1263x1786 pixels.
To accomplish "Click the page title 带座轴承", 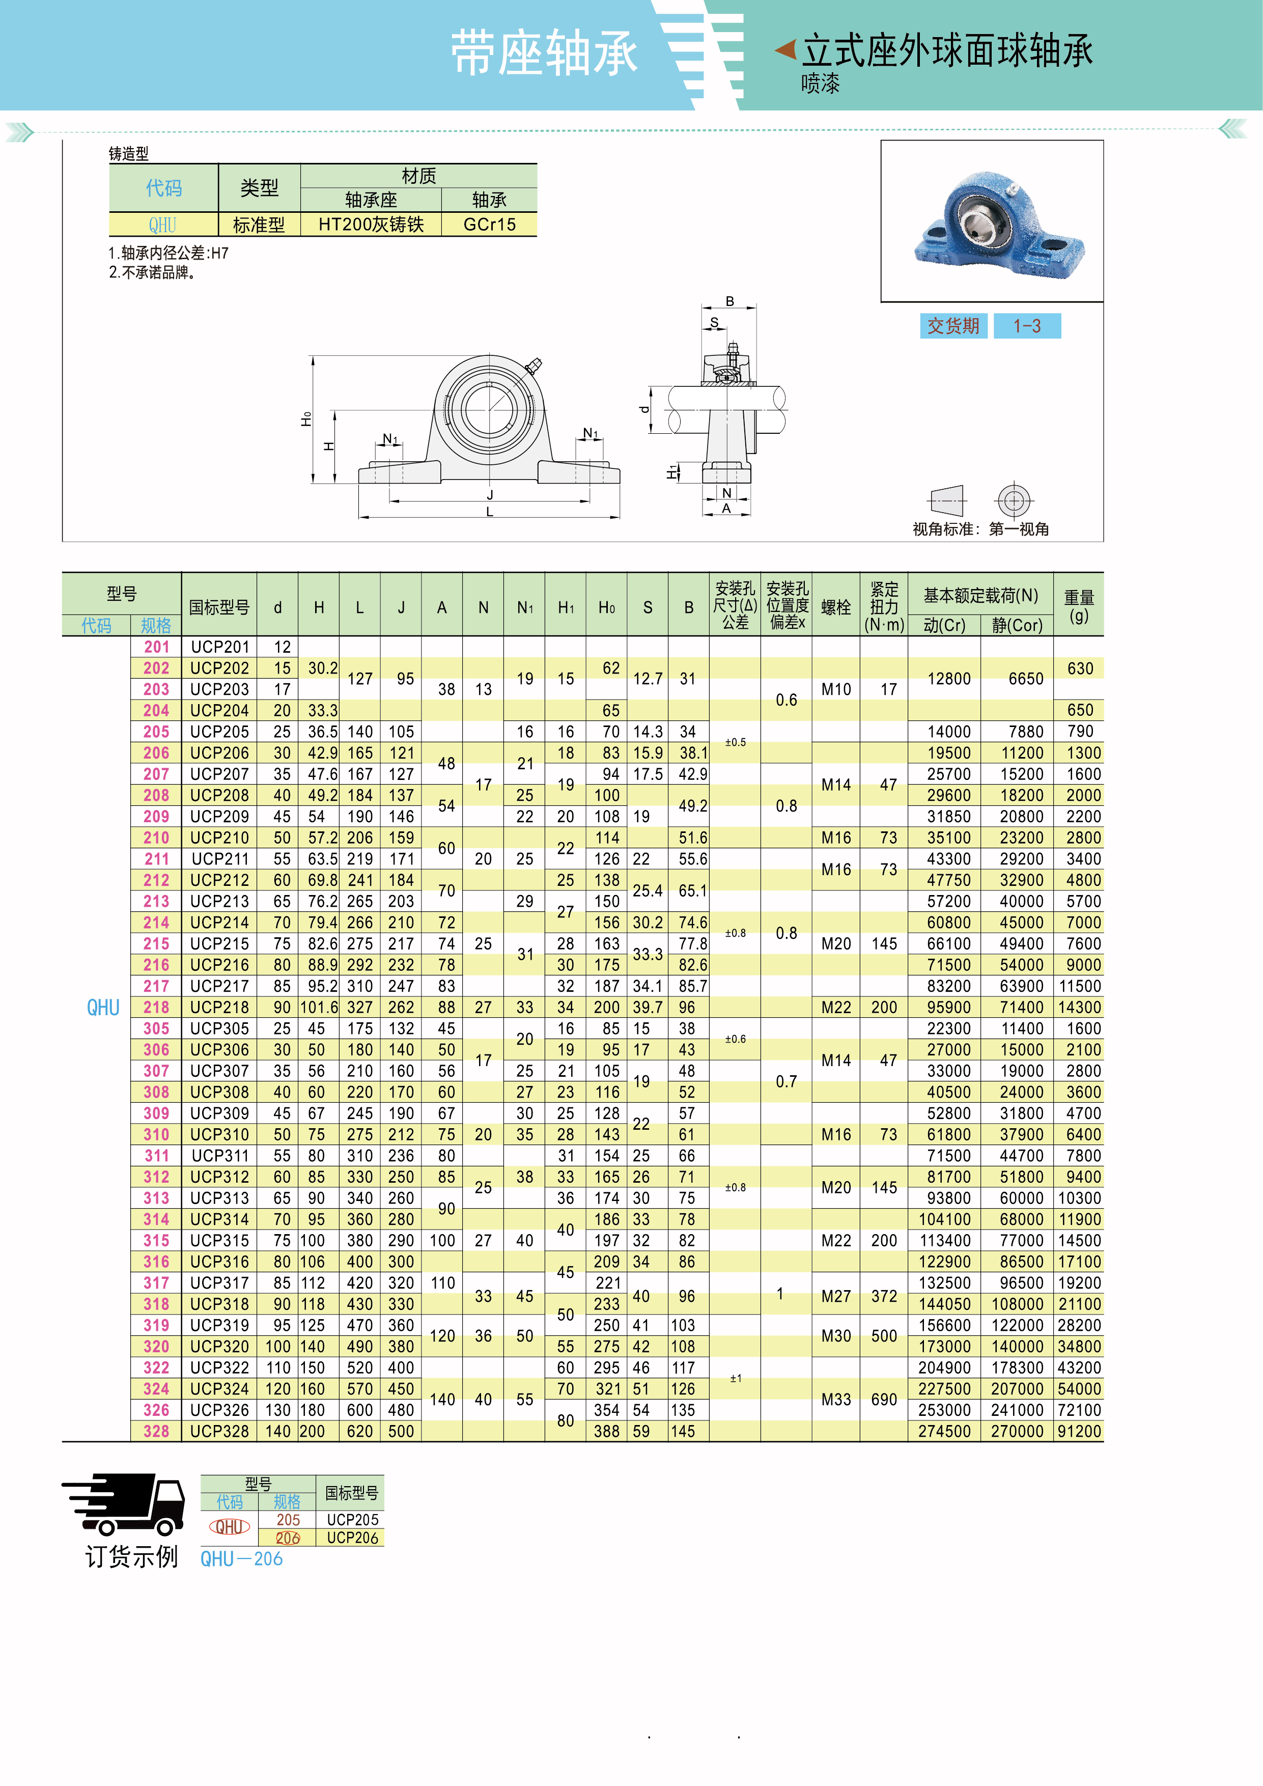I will [x=544, y=53].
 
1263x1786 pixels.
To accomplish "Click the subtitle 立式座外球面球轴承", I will [x=947, y=51].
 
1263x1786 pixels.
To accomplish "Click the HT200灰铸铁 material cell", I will [x=371, y=225].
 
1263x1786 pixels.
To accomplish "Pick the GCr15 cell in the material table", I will [x=489, y=225].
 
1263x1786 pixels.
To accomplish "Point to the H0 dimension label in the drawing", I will [x=306, y=420].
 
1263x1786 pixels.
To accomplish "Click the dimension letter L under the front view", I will [x=489, y=512].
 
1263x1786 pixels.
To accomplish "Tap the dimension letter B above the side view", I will [x=729, y=301].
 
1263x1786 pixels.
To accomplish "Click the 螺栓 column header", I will [x=836, y=607].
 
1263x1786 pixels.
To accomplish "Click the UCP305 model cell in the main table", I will [x=220, y=1028].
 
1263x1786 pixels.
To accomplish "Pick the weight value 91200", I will [x=1079, y=1431].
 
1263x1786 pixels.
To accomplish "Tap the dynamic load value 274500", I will [x=944, y=1431].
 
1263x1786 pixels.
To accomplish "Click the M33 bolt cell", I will [x=836, y=1400].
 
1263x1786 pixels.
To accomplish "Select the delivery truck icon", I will [x=124, y=1504].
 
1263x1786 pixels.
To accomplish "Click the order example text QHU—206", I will [x=241, y=1559].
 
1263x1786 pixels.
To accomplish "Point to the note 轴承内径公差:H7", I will [x=169, y=253].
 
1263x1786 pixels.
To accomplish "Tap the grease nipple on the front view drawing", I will [x=534, y=366].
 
